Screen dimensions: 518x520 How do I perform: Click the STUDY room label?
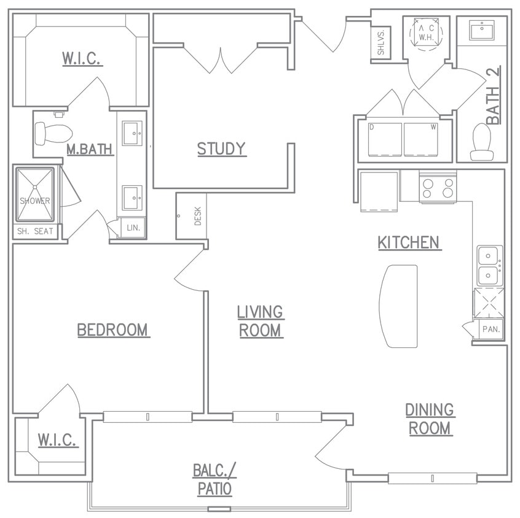[x=221, y=149]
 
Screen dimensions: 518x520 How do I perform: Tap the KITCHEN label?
[x=409, y=242]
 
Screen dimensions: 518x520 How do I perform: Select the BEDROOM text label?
[x=113, y=330]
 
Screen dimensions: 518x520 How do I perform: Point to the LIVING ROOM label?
[x=260, y=321]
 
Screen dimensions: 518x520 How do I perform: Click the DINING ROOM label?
[x=430, y=419]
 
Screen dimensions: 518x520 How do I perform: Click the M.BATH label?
[x=90, y=149]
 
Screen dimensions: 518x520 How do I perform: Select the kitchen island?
[x=398, y=306]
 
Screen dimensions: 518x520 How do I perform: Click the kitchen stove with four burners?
[x=438, y=187]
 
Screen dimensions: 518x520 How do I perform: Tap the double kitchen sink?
[x=490, y=266]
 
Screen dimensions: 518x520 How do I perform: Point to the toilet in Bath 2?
[x=480, y=142]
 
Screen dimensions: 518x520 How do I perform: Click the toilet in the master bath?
[x=53, y=133]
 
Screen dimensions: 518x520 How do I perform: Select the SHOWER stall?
[x=34, y=195]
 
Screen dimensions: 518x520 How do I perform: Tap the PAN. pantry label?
[x=490, y=329]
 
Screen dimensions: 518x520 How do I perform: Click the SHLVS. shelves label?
[x=381, y=42]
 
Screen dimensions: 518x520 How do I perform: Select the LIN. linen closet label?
[x=133, y=228]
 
